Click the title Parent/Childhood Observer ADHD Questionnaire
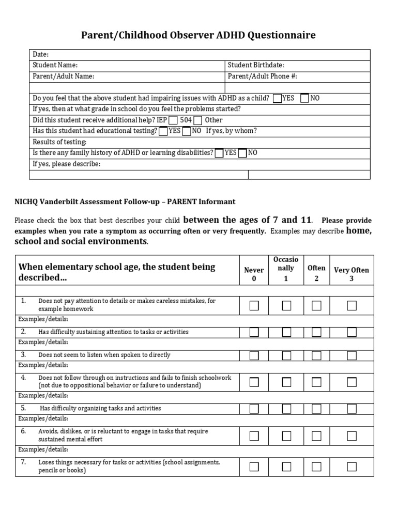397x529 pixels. point(198,35)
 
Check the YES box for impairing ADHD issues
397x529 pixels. point(278,98)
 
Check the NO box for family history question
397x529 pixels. point(242,153)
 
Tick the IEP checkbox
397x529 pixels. point(173,120)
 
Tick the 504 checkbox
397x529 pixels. point(197,120)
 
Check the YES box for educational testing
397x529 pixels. point(163,131)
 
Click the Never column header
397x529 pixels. point(254,274)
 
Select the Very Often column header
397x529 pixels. point(352,274)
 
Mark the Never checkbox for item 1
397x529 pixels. point(254,306)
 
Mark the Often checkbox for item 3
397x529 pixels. point(316,355)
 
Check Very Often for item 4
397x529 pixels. point(352,382)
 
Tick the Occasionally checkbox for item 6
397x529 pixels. point(286,435)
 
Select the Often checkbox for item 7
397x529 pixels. point(316,466)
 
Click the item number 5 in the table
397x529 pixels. point(23,408)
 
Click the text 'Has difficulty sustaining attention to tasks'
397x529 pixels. point(113,332)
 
